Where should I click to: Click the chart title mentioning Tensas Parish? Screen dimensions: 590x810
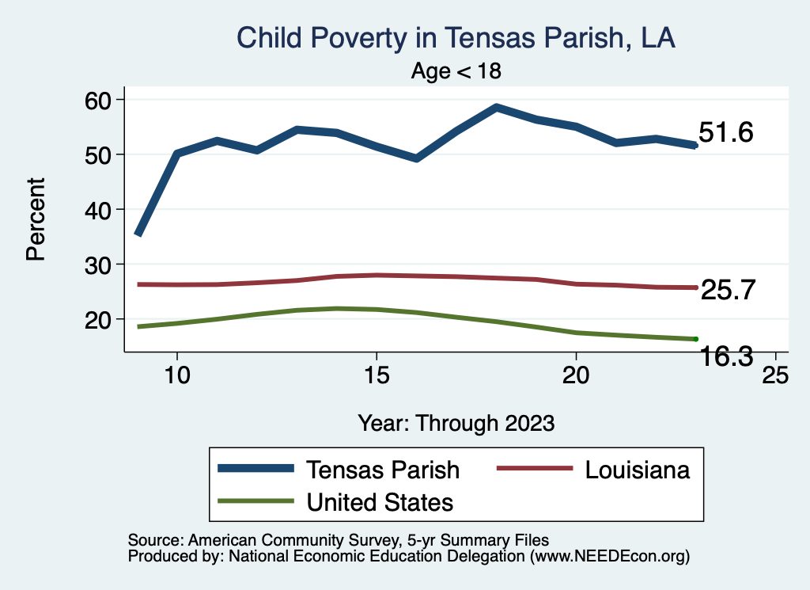coord(456,38)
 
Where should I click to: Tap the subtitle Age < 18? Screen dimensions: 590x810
coord(456,71)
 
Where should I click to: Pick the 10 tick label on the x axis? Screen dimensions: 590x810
coord(177,375)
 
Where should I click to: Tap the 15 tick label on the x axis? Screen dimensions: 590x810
coord(377,375)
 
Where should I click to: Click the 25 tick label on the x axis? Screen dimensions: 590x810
coord(775,375)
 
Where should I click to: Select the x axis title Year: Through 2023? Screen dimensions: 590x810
coord(456,422)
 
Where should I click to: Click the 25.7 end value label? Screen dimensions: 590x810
coord(729,291)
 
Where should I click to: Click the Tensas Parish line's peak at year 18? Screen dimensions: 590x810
coord(496,107)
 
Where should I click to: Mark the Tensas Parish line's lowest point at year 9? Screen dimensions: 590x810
coord(138,234)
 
